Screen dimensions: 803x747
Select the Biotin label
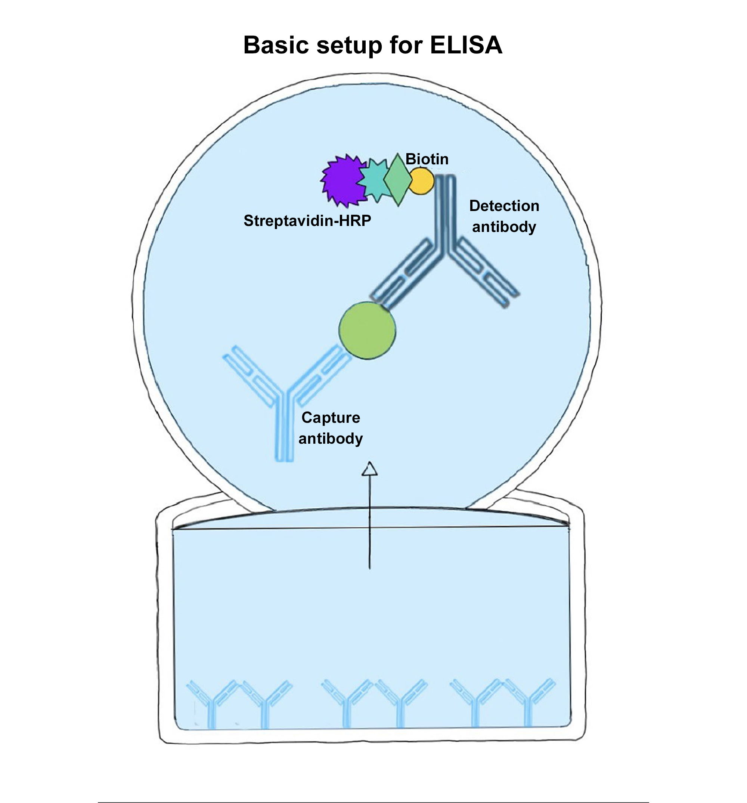[427, 159]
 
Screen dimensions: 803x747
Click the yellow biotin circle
[421, 182]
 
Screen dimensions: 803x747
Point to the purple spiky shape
[341, 180]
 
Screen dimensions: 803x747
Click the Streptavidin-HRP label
[307, 220]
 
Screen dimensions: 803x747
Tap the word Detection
[504, 206]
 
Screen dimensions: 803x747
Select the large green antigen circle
[367, 331]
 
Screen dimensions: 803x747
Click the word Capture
[331, 417]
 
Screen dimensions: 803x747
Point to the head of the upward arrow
[369, 469]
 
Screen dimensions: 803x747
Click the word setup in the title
[349, 45]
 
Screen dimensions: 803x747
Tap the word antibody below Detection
[504, 227]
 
